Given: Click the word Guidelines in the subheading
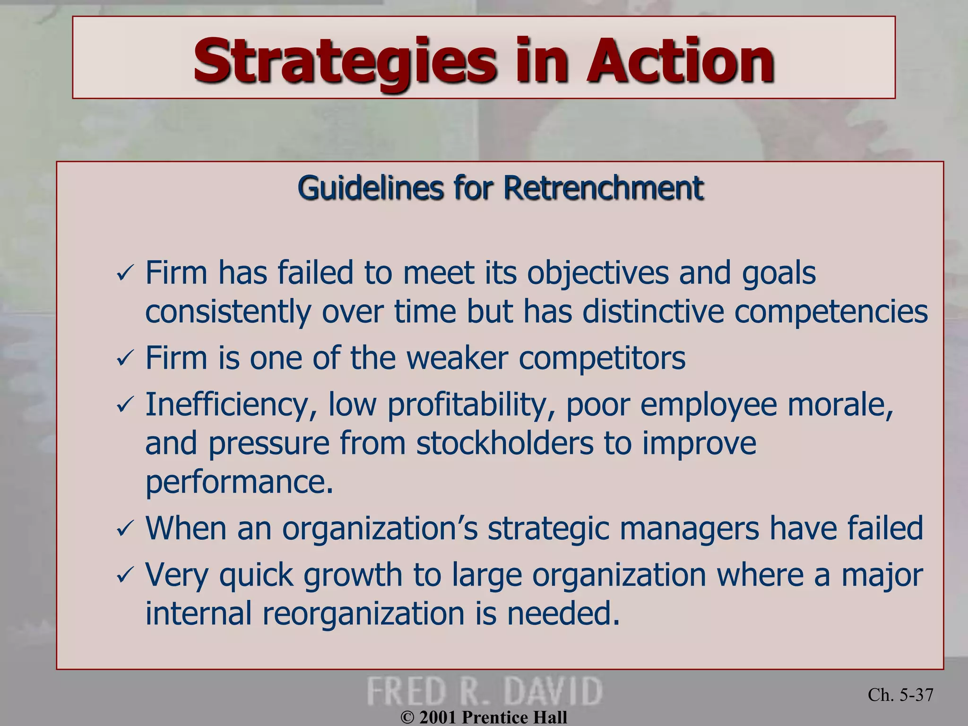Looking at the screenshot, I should [x=371, y=188].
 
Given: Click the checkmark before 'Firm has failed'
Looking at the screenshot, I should [x=125, y=274].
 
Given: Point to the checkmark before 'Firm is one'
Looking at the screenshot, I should [x=125, y=359].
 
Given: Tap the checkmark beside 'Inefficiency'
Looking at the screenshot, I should [x=125, y=406].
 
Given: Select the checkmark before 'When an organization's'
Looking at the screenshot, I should [x=125, y=529].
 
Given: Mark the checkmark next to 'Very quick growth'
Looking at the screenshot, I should [x=125, y=576].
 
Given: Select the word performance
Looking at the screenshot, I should [x=239, y=482].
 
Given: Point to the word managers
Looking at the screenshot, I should [x=689, y=528].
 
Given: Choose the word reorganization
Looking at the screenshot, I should [x=363, y=614].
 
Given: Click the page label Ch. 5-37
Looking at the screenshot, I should [x=900, y=695].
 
